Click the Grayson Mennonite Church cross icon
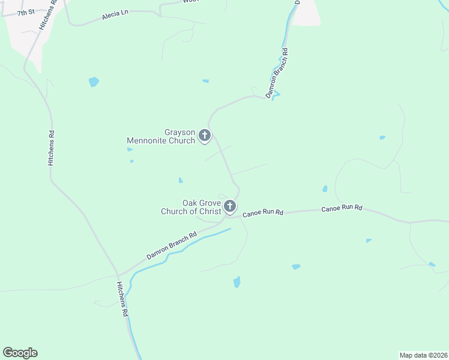tap(205, 136)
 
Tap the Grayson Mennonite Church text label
tap(161, 137)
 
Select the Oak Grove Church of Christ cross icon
tap(230, 207)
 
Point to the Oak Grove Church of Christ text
tap(191, 208)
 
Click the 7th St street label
tap(26, 13)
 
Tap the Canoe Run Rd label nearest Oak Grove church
tap(263, 213)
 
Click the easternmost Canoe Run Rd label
tap(342, 208)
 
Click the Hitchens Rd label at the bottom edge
tap(122, 299)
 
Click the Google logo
tap(20, 353)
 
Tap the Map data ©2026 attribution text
tap(423, 355)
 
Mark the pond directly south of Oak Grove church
tap(237, 282)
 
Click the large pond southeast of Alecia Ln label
tap(94, 82)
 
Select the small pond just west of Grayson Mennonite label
tap(130, 149)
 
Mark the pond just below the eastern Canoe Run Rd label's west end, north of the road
tap(325, 189)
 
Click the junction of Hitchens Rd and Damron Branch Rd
tap(119, 275)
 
